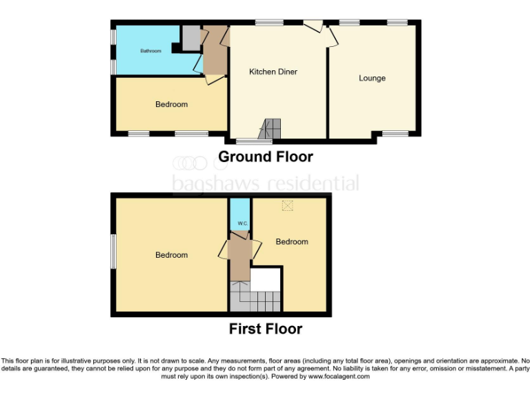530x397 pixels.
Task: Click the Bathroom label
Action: (x=150, y=51)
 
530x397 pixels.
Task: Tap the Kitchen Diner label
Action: (x=273, y=72)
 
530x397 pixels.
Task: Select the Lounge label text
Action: (x=372, y=78)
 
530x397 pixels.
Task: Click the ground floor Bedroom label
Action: (x=171, y=105)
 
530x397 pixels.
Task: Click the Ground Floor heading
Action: (x=265, y=157)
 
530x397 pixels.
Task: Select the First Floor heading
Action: (x=265, y=329)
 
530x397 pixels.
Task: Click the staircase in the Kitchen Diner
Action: (x=271, y=128)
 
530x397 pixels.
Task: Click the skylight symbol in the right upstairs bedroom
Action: (x=288, y=204)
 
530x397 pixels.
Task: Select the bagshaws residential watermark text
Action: (x=265, y=183)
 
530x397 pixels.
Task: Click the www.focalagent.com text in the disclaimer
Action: (x=339, y=376)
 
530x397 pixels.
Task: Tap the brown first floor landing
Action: (x=240, y=254)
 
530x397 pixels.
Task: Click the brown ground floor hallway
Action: (x=215, y=52)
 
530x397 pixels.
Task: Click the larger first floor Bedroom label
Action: (x=171, y=255)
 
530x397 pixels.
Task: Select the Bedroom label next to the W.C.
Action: (x=292, y=242)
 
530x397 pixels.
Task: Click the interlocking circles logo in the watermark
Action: (x=190, y=163)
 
